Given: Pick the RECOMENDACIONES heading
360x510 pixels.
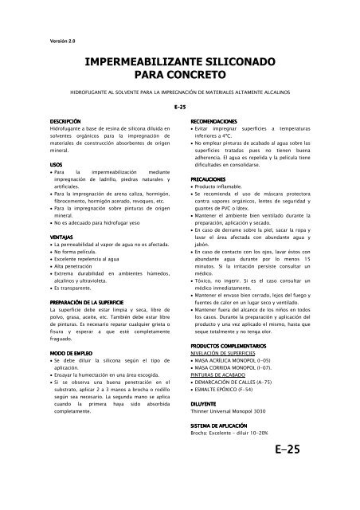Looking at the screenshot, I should pos(216,120).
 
